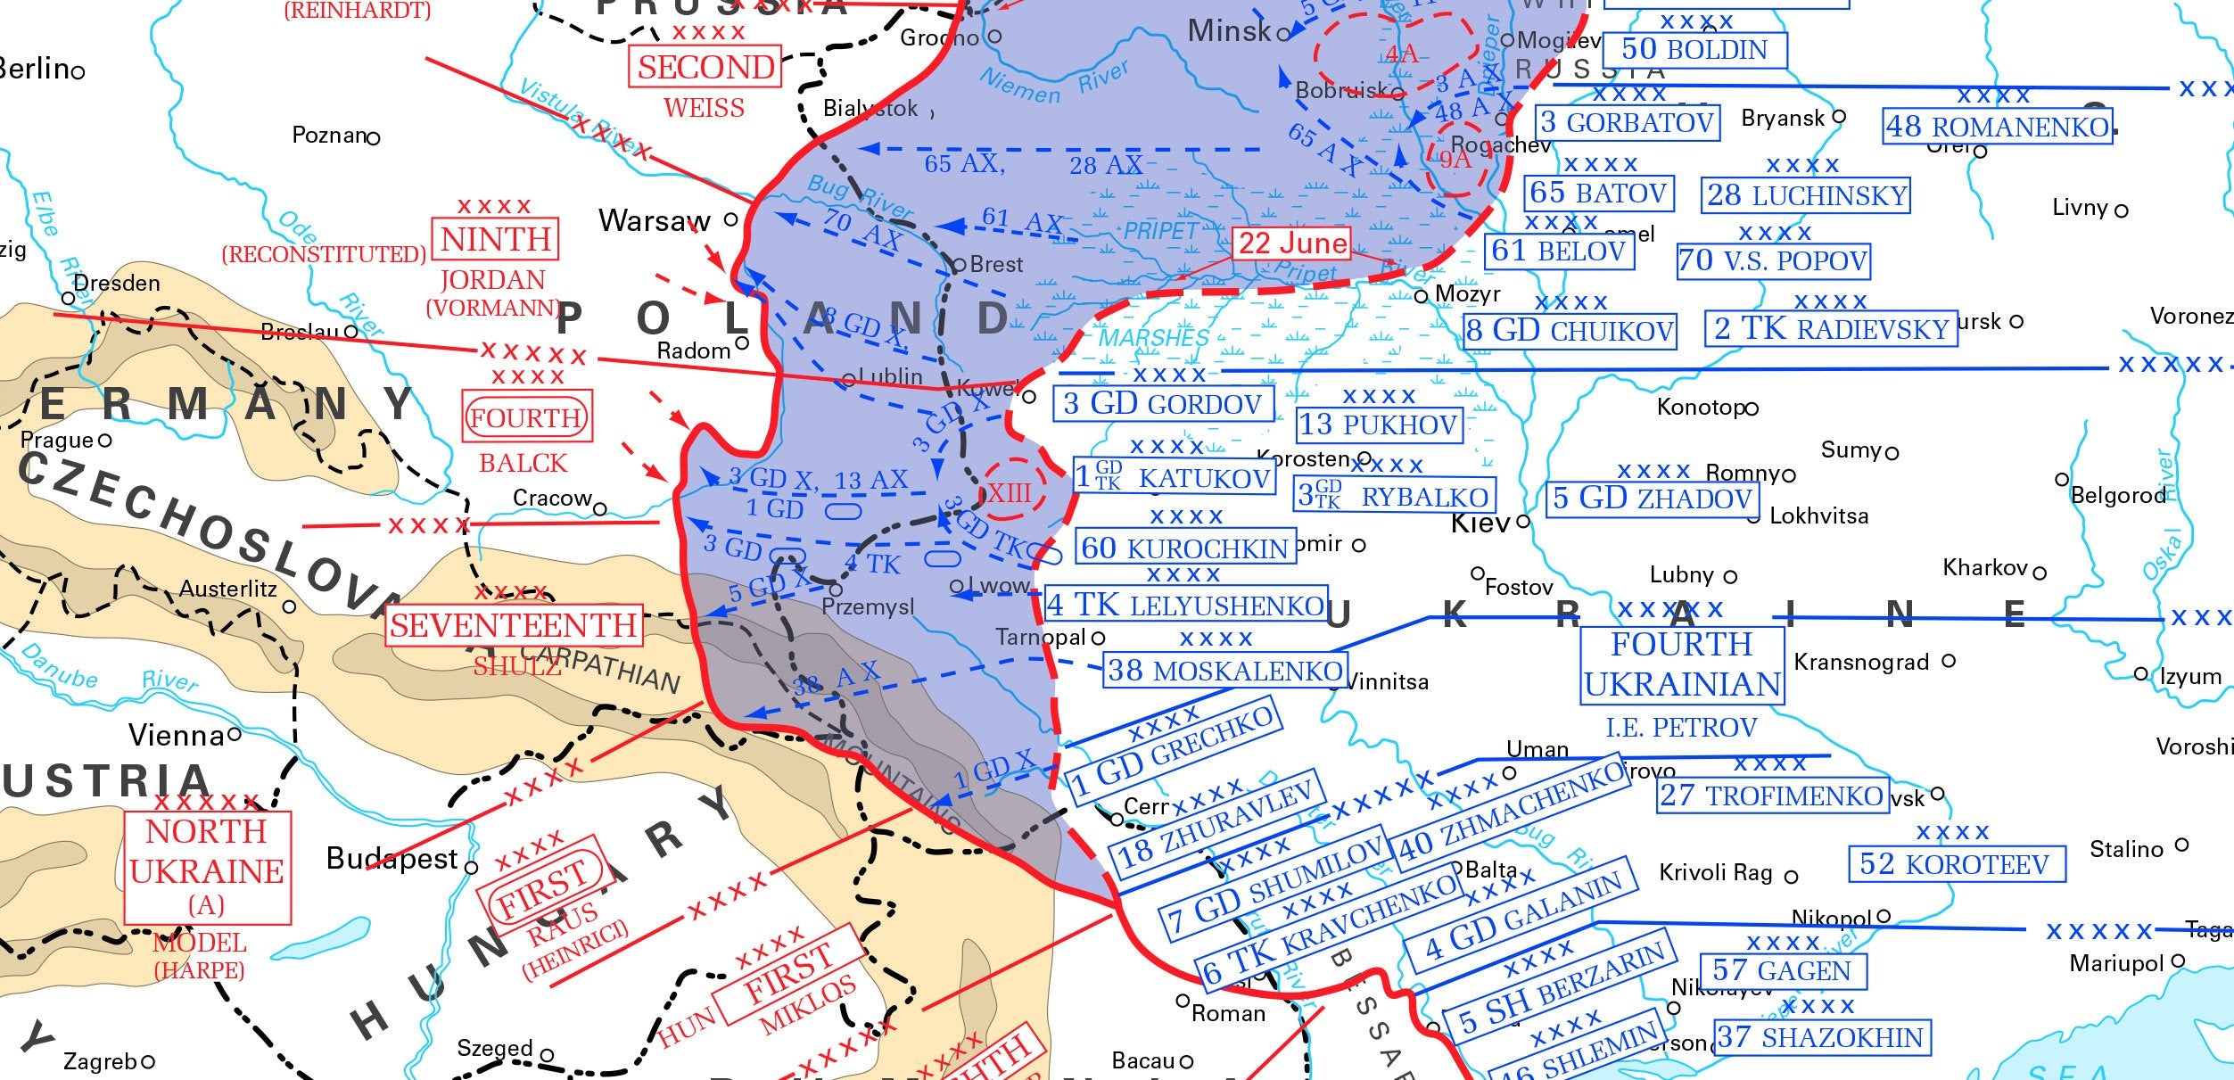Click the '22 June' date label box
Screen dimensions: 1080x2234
(1290, 243)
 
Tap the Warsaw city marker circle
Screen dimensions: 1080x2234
(730, 218)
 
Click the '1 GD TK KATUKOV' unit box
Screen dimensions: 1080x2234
(1174, 477)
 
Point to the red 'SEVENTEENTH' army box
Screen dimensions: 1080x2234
(514, 625)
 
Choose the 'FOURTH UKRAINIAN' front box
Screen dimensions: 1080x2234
(1682, 664)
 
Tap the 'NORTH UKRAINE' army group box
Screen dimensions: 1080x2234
(207, 867)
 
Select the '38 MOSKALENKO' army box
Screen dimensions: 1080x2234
(1224, 671)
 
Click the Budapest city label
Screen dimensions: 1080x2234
(392, 859)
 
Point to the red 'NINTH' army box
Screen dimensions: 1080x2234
(496, 239)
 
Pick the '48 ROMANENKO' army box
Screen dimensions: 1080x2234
(1997, 127)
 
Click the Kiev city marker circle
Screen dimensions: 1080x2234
(1523, 521)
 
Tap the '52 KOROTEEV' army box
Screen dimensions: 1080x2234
(1956, 863)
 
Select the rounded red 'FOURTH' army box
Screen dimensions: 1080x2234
(526, 417)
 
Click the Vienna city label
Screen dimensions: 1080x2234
(177, 736)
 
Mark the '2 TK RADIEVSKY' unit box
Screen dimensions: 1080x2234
(1831, 329)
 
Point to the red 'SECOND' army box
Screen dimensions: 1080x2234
(705, 68)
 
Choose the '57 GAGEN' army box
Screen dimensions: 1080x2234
(1782, 970)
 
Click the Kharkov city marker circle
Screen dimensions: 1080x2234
(2040, 573)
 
